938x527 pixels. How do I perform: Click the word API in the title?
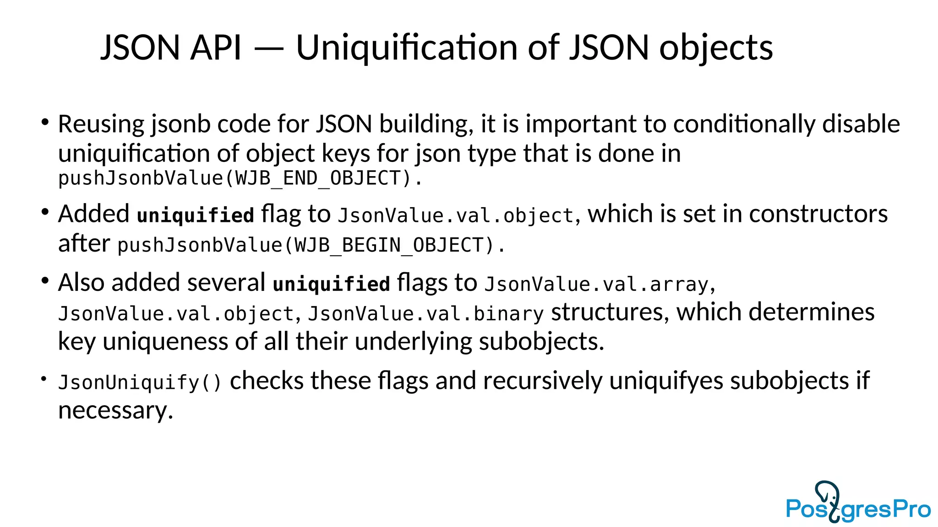click(216, 48)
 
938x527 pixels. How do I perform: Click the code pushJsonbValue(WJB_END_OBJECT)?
click(240, 178)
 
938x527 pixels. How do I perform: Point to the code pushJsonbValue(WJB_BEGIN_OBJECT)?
click(311, 245)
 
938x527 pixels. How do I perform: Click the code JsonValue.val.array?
click(597, 285)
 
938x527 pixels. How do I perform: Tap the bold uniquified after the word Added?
click(196, 215)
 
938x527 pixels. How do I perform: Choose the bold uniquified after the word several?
click(332, 284)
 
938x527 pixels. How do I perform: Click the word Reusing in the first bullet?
click(101, 124)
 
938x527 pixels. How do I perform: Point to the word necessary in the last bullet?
click(115, 410)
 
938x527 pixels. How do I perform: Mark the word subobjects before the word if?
click(790, 381)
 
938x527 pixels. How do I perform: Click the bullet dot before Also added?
click(44, 280)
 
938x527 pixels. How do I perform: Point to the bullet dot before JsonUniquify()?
click(44, 379)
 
